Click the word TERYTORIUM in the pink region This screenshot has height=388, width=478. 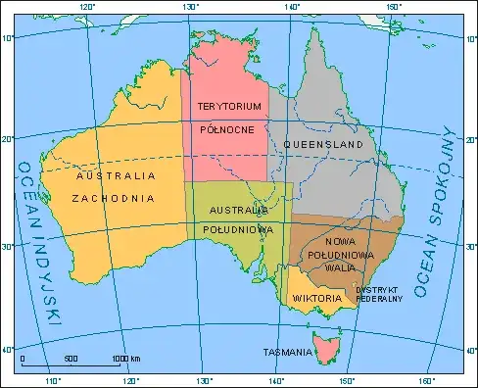228,105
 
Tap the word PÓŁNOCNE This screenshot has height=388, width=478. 228,129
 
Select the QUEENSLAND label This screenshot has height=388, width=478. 323,145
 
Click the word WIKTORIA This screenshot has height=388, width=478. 315,298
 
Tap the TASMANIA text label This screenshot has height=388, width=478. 287,351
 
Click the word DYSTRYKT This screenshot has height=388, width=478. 378,290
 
